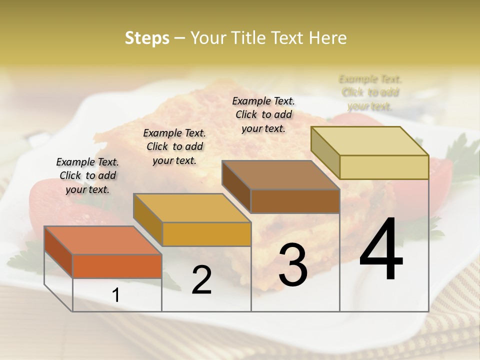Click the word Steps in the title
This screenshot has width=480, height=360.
tap(147, 38)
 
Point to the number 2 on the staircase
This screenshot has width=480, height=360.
tap(202, 280)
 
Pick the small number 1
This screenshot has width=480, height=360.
tap(116, 295)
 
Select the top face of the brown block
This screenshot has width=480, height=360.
tap(280, 175)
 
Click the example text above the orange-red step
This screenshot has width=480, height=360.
tap(87, 175)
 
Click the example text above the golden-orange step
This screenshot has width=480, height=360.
tap(174, 146)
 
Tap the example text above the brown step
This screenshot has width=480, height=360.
tap(263, 114)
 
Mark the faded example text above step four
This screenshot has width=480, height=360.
tap(370, 92)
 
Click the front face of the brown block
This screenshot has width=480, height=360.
tap(295, 201)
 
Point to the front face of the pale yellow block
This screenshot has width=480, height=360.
tap(384, 167)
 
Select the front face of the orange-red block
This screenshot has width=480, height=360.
tap(117, 266)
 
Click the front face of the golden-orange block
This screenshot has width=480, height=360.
tap(206, 234)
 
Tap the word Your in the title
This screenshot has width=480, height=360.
tap(208, 38)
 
